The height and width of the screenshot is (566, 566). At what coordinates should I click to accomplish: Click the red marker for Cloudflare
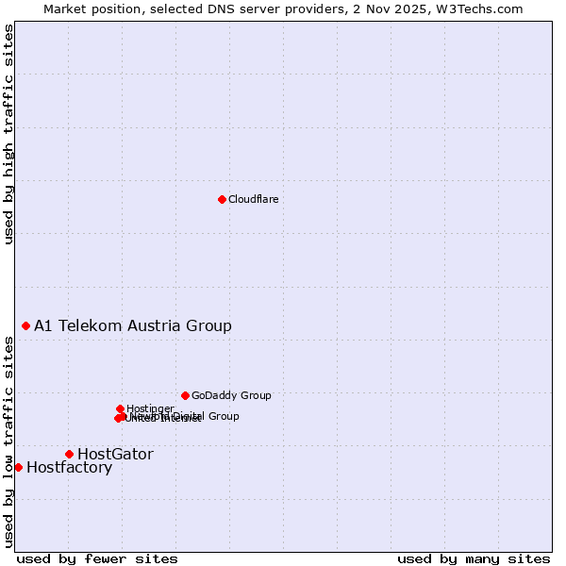coord(222,199)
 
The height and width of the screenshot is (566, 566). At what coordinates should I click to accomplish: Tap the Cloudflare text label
coord(253,199)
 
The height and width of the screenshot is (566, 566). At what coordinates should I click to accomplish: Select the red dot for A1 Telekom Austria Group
coord(25,325)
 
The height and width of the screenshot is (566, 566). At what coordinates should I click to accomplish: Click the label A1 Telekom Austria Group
coord(133,326)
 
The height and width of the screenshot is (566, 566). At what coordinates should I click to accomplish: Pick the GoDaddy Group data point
coord(185,395)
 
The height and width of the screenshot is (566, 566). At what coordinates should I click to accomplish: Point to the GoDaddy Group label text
coord(231,396)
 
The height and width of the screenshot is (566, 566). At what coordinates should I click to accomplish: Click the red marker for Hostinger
coord(120,408)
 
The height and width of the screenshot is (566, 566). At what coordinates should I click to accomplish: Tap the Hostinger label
coord(150,408)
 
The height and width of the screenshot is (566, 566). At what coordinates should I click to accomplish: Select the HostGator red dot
coord(69,454)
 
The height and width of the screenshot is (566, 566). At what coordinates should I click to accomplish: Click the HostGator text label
coord(115,455)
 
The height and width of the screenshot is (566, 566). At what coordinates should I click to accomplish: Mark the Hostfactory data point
coord(18,467)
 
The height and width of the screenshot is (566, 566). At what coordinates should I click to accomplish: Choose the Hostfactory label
coord(69,468)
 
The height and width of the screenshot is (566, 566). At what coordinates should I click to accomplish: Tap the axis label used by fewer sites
coord(97,558)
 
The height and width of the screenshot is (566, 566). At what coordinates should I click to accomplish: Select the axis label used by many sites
coord(474,558)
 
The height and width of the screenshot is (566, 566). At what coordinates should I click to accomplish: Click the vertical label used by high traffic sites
coord(8,134)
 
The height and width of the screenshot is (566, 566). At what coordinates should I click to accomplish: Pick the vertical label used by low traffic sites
coord(8,441)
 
